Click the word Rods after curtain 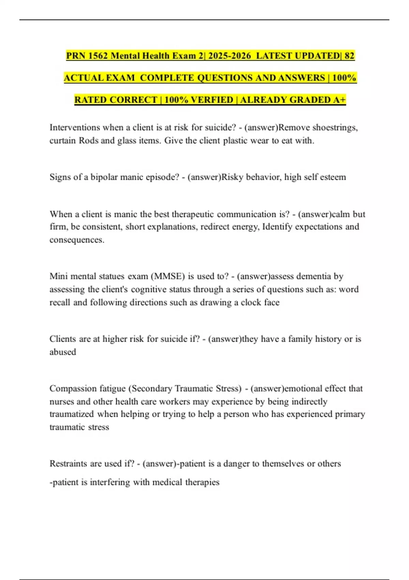tap(88, 141)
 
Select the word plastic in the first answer tap(235, 141)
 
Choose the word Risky tap(232, 177)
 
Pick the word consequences tap(76, 240)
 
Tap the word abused tap(63, 352)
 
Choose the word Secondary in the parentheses tap(152, 389)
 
